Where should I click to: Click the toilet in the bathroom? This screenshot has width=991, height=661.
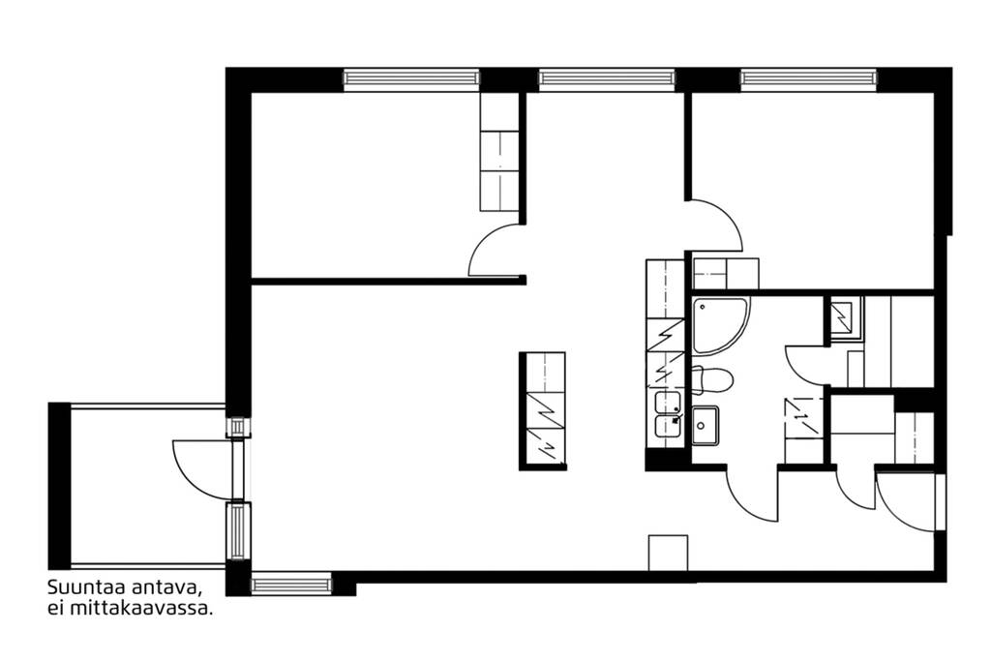712,379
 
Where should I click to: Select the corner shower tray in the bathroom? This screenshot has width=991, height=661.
720,326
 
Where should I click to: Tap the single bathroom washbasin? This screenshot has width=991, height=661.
705,425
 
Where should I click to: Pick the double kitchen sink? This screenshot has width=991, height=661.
668,414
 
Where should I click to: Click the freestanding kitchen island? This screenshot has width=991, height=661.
542,410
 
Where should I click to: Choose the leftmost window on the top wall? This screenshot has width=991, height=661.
411,79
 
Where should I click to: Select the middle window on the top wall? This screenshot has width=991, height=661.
607,79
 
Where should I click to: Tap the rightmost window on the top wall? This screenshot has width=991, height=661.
809,79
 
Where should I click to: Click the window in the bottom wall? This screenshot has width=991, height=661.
291,585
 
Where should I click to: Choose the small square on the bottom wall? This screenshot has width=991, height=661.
668,553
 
